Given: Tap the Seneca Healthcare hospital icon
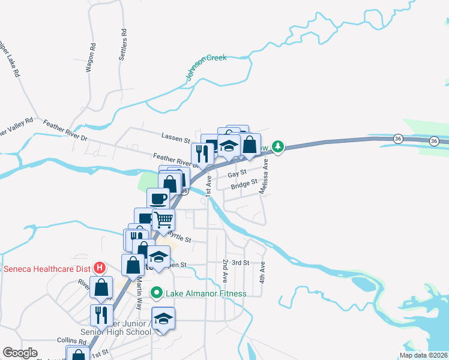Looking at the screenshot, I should [x=100, y=268].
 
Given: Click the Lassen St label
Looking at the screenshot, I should [x=175, y=138].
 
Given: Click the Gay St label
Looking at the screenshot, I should [x=234, y=173].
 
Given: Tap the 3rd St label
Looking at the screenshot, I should [x=240, y=263].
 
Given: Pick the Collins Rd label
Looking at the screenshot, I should [x=64, y=340].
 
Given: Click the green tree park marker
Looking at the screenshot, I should [x=277, y=146].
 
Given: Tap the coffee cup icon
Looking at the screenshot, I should [x=158, y=198].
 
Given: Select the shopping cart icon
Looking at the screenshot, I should [x=163, y=220].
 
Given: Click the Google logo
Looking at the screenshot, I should [x=20, y=353].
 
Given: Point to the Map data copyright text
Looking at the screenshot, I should [x=423, y=355].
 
